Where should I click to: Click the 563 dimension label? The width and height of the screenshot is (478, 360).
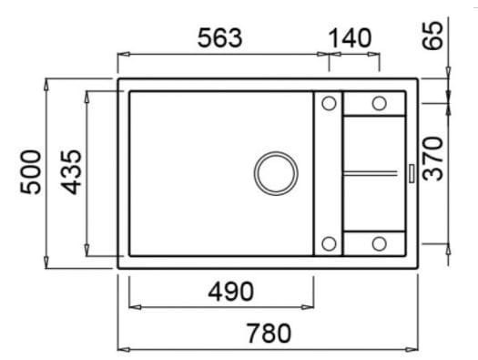click(x=219, y=38)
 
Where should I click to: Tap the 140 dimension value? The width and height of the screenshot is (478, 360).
click(x=350, y=38)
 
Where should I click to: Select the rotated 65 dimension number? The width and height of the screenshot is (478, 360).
click(x=432, y=35)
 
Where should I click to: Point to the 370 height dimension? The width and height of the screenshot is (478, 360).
click(x=432, y=159)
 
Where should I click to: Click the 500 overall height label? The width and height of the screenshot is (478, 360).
click(x=30, y=171)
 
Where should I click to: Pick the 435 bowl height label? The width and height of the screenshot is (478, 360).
click(x=71, y=172)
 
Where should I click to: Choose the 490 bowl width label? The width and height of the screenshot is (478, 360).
click(x=230, y=292)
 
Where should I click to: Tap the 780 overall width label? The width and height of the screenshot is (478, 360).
click(x=269, y=334)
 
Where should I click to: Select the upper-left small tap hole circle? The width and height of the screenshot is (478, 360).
click(x=329, y=103)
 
